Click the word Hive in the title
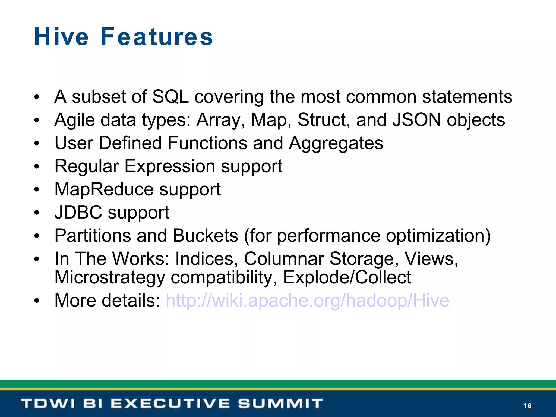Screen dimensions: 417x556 [x=61, y=37]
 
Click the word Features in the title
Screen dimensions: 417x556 [x=157, y=37]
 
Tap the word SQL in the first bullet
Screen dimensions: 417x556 [x=170, y=97]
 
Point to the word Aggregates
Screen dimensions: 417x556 [x=336, y=143]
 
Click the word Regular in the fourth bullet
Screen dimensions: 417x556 [x=86, y=166]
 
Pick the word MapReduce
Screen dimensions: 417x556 [x=104, y=189]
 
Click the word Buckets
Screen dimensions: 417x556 [x=205, y=235]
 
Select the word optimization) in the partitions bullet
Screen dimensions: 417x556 [x=438, y=235]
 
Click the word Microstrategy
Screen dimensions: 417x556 [x=110, y=277]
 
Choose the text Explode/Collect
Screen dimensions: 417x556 [x=347, y=277]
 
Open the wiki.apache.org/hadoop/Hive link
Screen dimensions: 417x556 [x=307, y=301]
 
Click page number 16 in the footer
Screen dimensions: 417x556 [x=527, y=406]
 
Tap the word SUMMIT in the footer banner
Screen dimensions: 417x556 [x=280, y=404]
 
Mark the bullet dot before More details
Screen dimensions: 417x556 [x=37, y=301]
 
